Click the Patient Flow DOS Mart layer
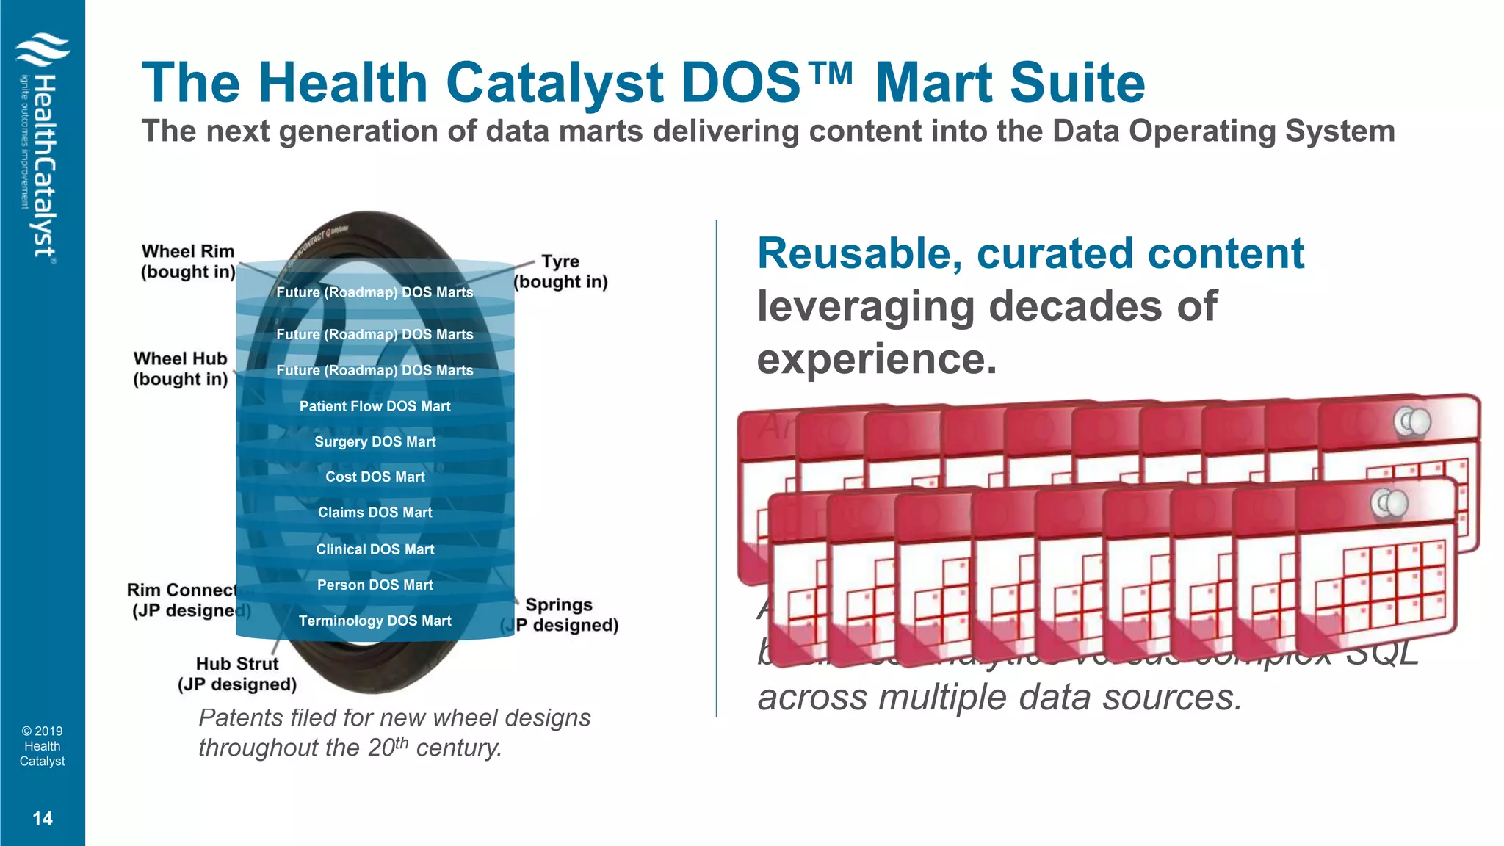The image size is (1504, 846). (375, 406)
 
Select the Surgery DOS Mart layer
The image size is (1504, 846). (375, 441)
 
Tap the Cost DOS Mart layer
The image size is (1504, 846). (375, 477)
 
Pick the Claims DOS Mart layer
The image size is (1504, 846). (375, 512)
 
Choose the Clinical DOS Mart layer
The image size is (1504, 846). (375, 549)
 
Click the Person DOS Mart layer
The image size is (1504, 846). (375, 585)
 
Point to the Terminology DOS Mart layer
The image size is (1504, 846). (375, 621)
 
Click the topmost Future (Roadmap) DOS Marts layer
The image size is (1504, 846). (375, 292)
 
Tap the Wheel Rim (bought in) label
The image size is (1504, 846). (188, 261)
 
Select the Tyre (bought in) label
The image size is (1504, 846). (560, 272)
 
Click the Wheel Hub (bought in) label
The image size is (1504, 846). (181, 369)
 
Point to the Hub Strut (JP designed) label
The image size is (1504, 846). (237, 674)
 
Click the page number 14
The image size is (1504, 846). (43, 818)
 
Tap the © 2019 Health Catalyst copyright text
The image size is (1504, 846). (43, 746)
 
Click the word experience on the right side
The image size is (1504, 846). (877, 359)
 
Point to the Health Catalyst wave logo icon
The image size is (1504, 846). (43, 50)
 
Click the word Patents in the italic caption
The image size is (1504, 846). (241, 717)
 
